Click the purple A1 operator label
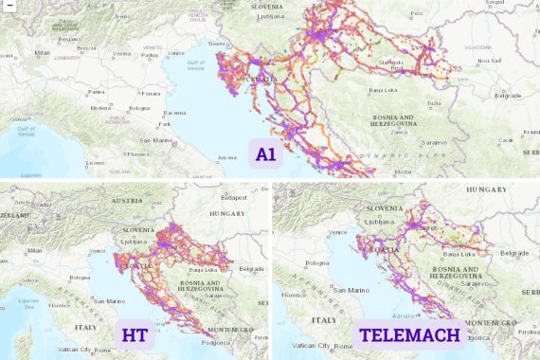tap(265, 154)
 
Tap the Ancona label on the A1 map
tap(227, 156)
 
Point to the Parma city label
tap(96, 92)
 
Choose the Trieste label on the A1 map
tap(218, 44)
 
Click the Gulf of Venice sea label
tap(196, 65)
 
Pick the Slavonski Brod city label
tap(390, 66)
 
